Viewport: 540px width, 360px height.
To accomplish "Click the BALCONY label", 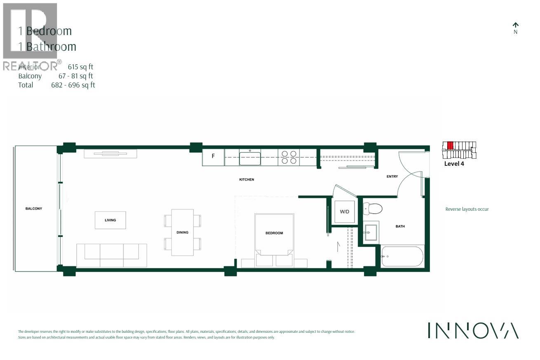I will tap(34, 209).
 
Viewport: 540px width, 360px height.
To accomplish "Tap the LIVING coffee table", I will tap(110, 220).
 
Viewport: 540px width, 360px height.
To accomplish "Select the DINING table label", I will tap(182, 233).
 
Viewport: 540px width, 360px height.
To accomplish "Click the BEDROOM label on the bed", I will tap(274, 233).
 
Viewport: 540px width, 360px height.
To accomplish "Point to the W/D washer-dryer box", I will tap(344, 212).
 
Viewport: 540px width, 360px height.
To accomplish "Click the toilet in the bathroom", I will tap(373, 209).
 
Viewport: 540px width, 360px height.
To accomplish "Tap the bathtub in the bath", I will tap(402, 256).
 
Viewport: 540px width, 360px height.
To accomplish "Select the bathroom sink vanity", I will tap(371, 232).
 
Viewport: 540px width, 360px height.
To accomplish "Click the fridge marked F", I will tap(213, 156).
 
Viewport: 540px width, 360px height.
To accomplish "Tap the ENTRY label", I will tap(392, 176).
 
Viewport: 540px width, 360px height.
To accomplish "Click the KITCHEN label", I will tap(247, 180).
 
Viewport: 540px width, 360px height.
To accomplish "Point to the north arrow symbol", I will tap(515, 26).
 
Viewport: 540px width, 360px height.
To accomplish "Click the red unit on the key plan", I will tap(450, 146).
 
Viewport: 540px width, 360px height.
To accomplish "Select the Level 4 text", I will tap(454, 164).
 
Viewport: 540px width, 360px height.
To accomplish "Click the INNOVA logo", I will tap(473, 330).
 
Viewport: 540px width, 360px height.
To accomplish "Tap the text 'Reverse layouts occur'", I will tap(467, 209).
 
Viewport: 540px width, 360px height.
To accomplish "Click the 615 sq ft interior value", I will tap(83, 67).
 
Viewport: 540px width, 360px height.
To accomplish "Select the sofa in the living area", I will tap(111, 255).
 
